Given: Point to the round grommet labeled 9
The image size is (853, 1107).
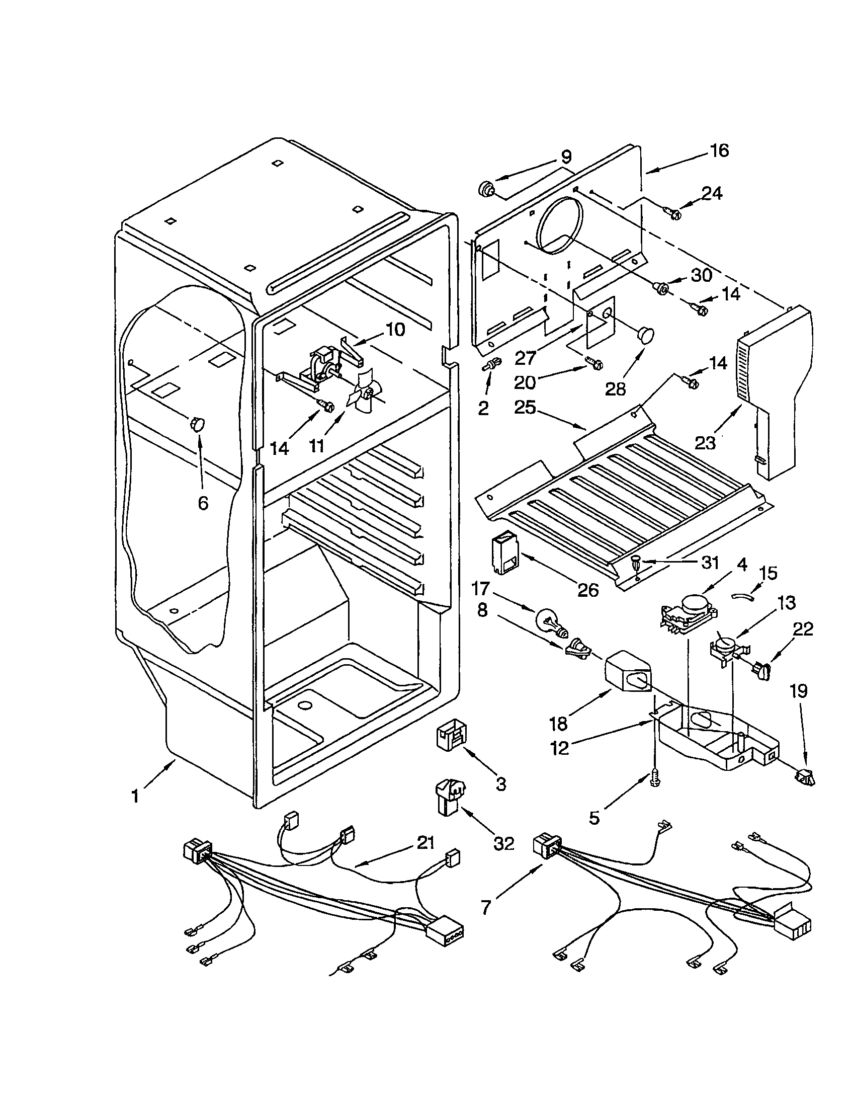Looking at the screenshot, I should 486,190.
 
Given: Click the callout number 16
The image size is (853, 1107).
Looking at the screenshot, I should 719,150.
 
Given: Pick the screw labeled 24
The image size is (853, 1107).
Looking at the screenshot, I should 672,213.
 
